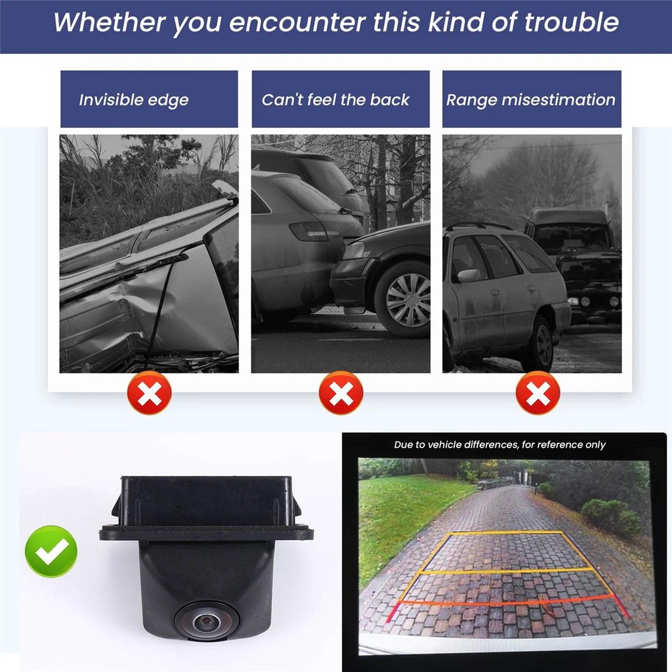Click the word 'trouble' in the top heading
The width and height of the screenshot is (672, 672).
coord(571,22)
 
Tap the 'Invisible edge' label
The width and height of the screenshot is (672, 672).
coord(134,100)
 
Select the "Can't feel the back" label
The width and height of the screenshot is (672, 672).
coord(335,100)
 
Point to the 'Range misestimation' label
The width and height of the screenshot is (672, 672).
coord(531,100)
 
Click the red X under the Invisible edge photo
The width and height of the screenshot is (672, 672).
coord(150,393)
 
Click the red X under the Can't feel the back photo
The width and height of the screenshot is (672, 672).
coord(341,393)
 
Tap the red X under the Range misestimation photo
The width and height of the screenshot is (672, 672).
coord(538,393)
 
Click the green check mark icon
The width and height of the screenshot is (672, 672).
coord(51,551)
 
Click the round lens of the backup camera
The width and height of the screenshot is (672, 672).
coord(205,618)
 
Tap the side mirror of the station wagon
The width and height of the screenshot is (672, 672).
coord(469,275)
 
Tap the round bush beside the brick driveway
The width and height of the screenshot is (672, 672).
coord(602,516)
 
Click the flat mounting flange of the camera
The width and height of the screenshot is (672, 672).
coord(205,534)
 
